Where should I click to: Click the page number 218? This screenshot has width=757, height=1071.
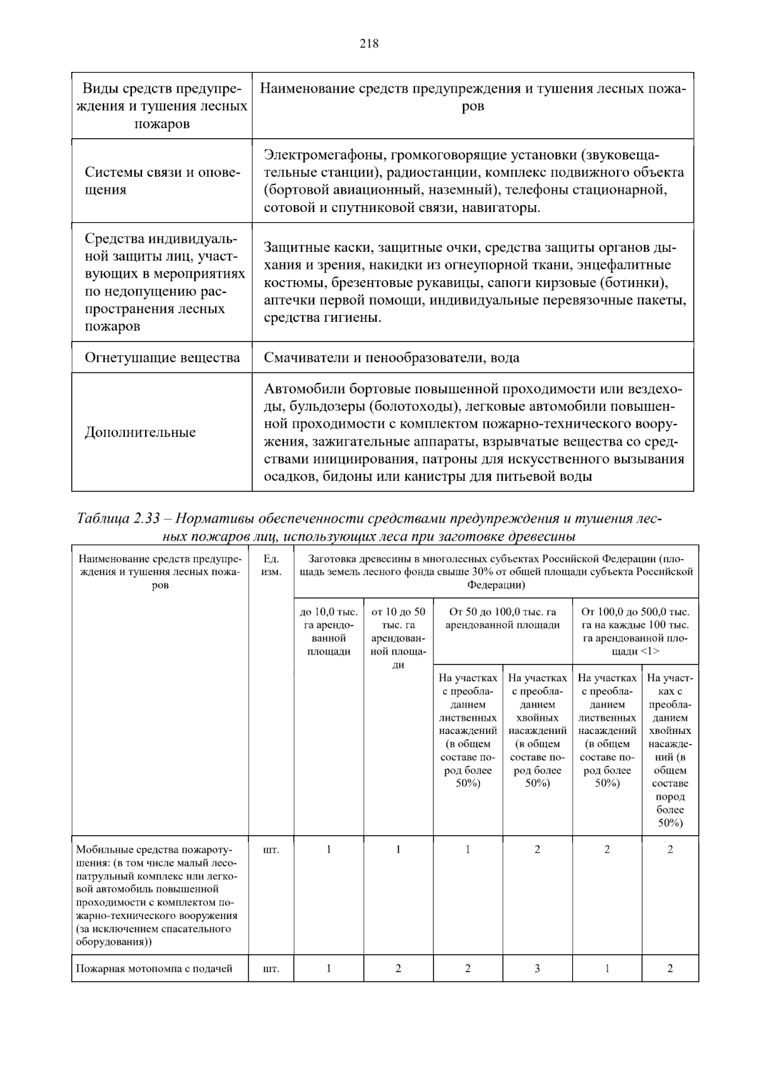369,44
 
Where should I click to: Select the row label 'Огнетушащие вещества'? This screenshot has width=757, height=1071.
162,358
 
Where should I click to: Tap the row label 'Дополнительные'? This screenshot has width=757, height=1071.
140,432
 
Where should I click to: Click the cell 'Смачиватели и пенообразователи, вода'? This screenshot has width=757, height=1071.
391,358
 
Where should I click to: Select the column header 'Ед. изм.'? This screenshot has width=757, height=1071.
271,565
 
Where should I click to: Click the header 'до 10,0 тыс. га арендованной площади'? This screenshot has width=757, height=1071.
329,632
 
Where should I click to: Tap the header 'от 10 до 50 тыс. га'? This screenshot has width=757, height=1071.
398,618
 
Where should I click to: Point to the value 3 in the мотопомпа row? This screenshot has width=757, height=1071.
537,969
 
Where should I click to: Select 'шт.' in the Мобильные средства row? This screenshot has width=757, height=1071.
271,849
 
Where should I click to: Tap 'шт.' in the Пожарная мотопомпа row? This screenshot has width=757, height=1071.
271,969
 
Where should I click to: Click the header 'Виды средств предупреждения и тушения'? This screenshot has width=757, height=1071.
161,105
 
